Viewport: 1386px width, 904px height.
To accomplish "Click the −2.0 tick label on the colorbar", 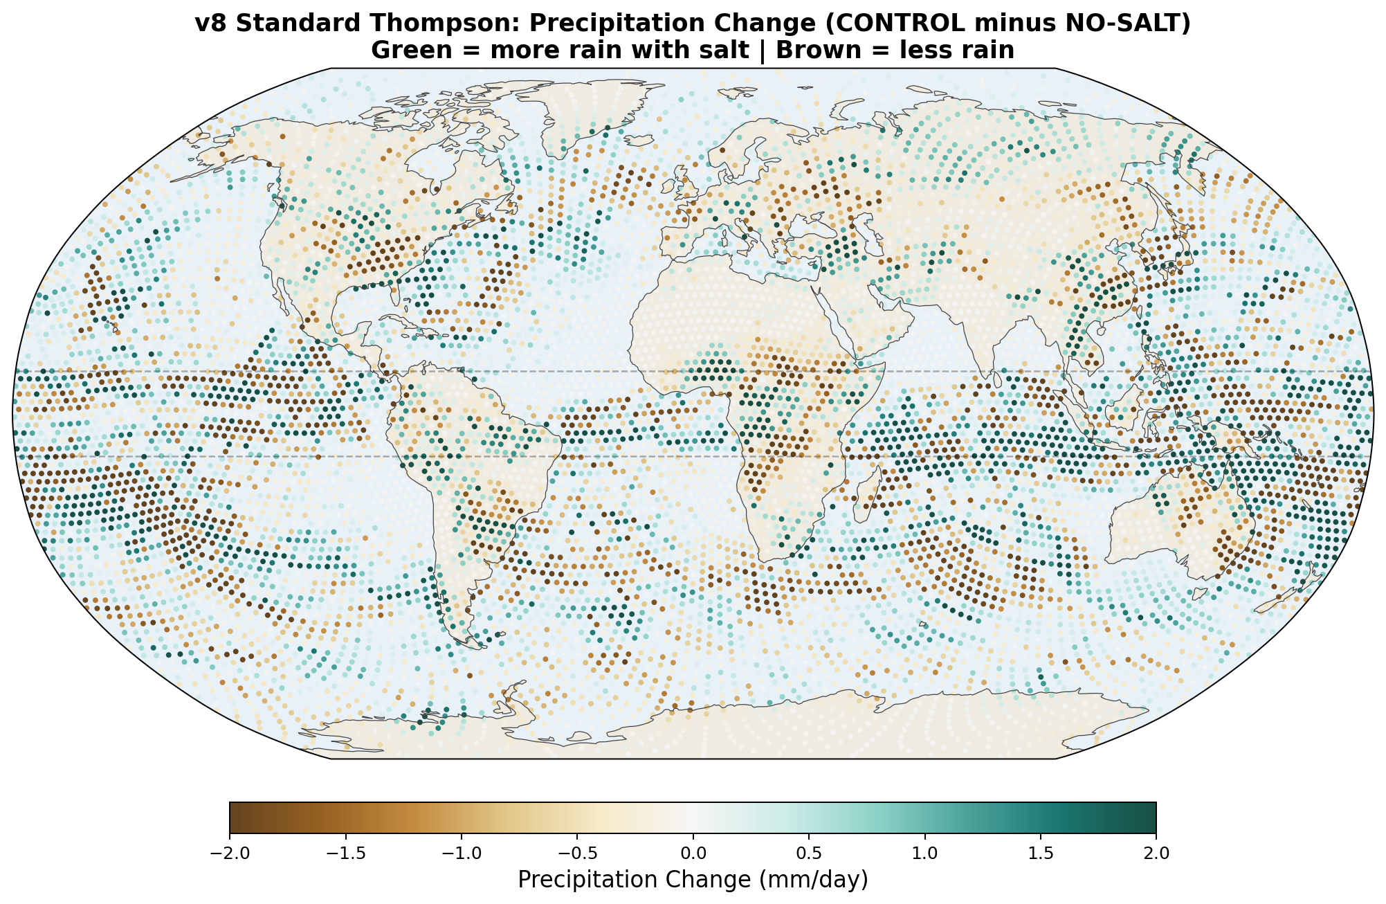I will (229, 853).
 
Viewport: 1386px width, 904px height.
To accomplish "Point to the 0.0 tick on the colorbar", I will (693, 853).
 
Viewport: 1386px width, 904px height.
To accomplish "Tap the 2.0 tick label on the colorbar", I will (1156, 853).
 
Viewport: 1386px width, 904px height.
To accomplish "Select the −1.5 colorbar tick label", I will (345, 853).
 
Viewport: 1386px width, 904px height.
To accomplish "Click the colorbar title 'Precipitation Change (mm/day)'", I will (693, 880).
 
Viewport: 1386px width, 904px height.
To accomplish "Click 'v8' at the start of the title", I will (208, 23).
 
